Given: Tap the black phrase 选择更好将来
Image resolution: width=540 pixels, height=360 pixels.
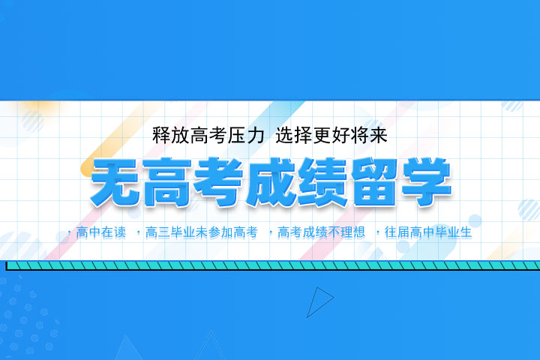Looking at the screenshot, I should (331, 136).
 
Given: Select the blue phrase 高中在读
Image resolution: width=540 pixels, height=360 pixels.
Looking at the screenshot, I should (102, 232).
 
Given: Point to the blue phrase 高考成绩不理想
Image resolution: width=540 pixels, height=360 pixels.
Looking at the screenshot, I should (321, 232).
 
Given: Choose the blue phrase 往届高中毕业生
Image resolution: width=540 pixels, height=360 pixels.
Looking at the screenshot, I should (427, 232).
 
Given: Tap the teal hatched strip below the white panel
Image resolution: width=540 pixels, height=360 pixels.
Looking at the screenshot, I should (270, 265).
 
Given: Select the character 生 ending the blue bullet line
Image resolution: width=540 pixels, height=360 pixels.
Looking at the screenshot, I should (466, 232).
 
